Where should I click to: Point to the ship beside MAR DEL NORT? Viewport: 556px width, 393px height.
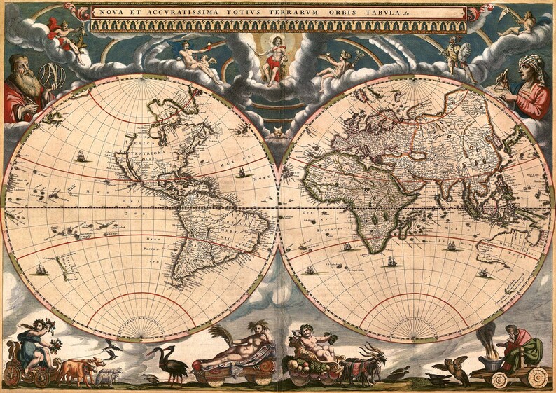[x=242, y=170]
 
